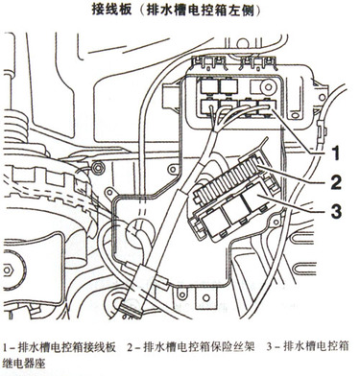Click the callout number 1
click(335, 153)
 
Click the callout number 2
click(336, 181)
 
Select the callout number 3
click(336, 210)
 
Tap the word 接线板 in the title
click(111, 9)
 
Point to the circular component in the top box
click(268, 86)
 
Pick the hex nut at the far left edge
click(7, 270)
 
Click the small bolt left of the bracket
click(97, 166)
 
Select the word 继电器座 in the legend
click(24, 363)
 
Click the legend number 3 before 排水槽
click(269, 347)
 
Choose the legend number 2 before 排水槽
click(130, 347)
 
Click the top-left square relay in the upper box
click(209, 86)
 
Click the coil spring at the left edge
click(15, 126)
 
